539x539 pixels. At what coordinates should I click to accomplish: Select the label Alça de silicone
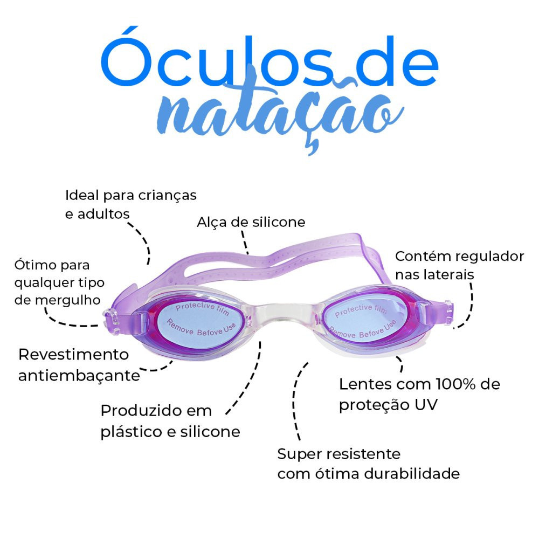click(251, 222)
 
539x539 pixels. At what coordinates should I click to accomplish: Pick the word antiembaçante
click(79, 375)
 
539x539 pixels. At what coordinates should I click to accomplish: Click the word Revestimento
click(74, 355)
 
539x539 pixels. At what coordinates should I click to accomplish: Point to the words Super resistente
click(338, 454)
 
